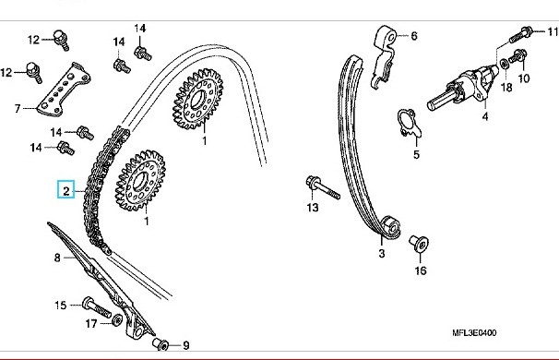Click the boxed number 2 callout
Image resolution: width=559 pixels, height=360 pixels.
(65, 189)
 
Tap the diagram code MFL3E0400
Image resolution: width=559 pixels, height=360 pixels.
(474, 333)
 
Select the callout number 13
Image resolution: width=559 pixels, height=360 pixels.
(313, 208)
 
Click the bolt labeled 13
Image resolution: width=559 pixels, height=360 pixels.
(322, 186)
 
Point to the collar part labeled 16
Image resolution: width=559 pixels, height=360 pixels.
(419, 244)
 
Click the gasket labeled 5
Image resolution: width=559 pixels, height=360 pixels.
(410, 123)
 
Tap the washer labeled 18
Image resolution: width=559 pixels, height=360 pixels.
(504, 64)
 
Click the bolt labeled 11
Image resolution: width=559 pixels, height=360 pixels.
(521, 34)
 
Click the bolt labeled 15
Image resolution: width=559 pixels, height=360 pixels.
(97, 307)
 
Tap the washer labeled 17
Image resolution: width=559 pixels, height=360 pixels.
(116, 320)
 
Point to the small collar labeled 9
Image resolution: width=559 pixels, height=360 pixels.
(161, 344)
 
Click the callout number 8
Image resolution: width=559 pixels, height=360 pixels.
(57, 258)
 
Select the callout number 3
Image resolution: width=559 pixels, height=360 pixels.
(382, 253)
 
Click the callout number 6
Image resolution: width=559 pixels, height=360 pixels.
(414, 36)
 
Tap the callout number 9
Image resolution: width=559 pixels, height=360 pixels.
(186, 345)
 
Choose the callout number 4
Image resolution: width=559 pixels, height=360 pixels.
(485, 116)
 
